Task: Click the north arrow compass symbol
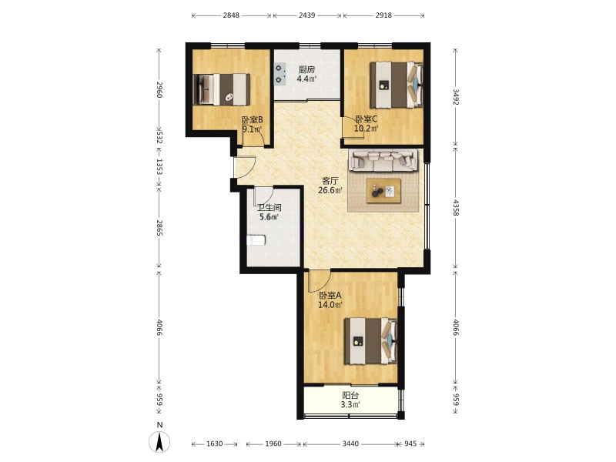tap(159, 442)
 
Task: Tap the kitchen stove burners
tap(280, 74)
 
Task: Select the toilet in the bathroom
tap(256, 240)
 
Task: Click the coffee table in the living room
tap(383, 191)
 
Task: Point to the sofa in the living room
tap(383, 161)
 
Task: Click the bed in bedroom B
tap(222, 89)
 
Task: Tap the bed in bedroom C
tap(397, 85)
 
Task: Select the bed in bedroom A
tap(371, 341)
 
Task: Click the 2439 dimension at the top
tap(306, 15)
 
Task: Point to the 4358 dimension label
tap(456, 208)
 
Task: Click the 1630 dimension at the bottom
tap(215, 444)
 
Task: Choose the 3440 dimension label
tap(350, 444)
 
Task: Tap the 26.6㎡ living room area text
tap(330, 190)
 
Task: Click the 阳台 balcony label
tap(350, 396)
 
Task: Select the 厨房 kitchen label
tap(306, 70)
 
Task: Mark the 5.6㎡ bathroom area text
tap(269, 217)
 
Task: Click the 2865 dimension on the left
tap(159, 228)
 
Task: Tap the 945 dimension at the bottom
tap(410, 444)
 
